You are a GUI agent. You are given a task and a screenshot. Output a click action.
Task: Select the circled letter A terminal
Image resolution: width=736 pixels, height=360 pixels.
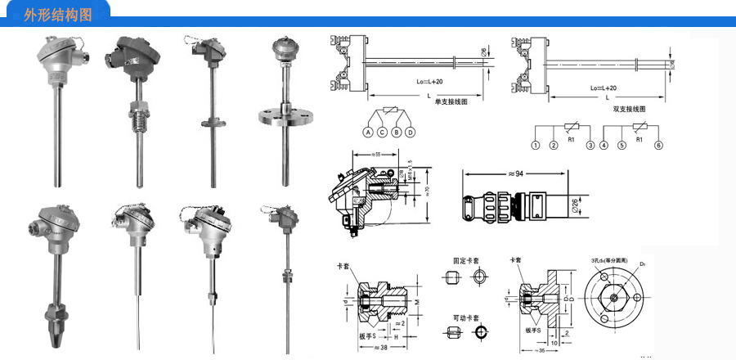tap(369, 133)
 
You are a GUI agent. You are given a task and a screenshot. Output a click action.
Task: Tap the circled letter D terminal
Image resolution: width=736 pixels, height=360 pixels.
tap(411, 133)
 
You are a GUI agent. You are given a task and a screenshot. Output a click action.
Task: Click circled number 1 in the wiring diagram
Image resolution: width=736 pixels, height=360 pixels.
tap(536, 146)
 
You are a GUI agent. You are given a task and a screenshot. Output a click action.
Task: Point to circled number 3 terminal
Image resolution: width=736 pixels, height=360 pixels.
tap(590, 146)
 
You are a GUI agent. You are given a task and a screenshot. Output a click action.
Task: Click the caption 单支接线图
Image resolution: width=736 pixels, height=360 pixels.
tap(451, 102)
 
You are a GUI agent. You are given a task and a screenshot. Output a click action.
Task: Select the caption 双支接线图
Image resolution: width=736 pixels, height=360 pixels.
tap(630, 108)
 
